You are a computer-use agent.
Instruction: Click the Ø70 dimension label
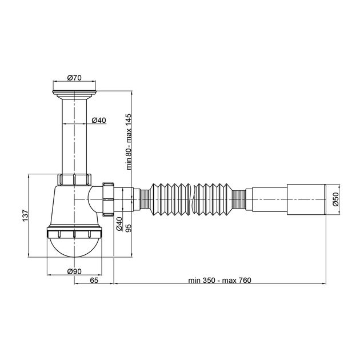(x=74, y=78)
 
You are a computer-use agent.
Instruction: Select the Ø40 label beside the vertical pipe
(x=99, y=120)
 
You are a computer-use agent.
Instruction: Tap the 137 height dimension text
(x=25, y=215)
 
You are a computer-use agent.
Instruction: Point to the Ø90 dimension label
(x=74, y=271)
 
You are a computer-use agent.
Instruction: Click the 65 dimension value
(x=94, y=280)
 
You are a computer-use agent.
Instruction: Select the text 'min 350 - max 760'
(x=220, y=281)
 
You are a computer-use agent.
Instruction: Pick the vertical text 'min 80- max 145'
(x=129, y=142)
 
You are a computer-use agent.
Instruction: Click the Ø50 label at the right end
(x=335, y=199)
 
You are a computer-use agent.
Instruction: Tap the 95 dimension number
(x=129, y=228)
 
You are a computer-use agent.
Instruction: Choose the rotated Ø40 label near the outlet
(x=119, y=224)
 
